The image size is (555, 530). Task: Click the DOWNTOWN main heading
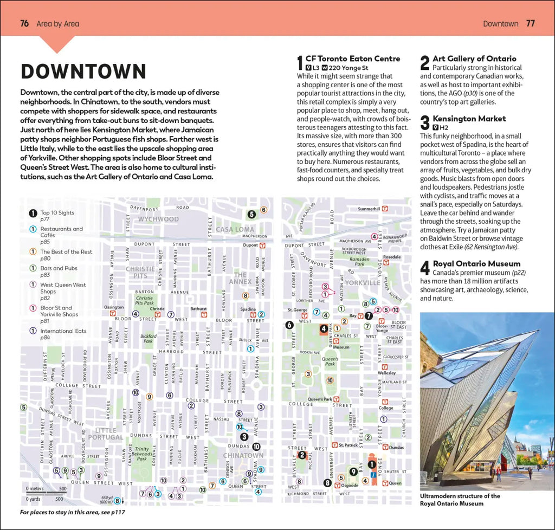[83, 72]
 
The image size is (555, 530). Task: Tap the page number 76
[24, 23]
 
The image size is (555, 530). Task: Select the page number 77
[530, 23]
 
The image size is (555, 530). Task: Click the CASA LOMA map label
[235, 229]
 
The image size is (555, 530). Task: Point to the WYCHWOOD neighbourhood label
[158, 219]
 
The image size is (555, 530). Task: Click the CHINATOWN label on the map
[243, 455]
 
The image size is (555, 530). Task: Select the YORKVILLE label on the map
[363, 282]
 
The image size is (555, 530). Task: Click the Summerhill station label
[369, 209]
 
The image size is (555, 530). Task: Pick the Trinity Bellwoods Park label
[142, 454]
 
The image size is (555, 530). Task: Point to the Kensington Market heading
[469, 119]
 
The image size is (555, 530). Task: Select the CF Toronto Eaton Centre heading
[352, 59]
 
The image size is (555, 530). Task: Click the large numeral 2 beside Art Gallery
[425, 63]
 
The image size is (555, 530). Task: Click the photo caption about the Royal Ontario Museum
[460, 500]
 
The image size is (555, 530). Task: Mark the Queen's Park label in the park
[330, 361]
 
